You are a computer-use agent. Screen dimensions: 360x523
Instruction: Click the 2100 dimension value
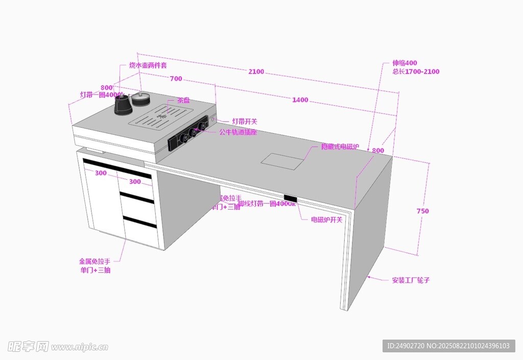pos(256,72)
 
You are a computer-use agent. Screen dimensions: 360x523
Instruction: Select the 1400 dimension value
pos(300,100)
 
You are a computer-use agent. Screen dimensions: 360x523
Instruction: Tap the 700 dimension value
pos(176,79)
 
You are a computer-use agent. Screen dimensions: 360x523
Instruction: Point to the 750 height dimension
pos(422,211)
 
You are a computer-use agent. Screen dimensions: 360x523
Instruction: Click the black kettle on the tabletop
pos(123,105)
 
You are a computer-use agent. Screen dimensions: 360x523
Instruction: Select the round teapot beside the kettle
pos(140,98)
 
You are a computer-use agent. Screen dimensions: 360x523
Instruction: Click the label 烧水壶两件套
pos(148,65)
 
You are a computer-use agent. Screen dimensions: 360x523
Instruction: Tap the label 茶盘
pos(183,101)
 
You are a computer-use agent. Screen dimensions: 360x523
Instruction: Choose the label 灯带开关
pos(245,122)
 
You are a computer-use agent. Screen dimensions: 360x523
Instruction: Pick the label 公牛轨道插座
pos(238,132)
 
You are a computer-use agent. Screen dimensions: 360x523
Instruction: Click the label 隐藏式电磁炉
pos(340,147)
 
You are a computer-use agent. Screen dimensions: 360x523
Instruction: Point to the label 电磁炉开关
pos(327,220)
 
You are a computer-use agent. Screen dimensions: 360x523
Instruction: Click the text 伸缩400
pos(405,63)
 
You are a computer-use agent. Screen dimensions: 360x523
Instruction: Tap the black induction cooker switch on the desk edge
pos(291,198)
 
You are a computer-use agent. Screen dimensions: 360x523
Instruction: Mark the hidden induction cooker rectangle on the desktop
pos(282,161)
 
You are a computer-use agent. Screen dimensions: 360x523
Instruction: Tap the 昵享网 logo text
pos(29,346)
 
